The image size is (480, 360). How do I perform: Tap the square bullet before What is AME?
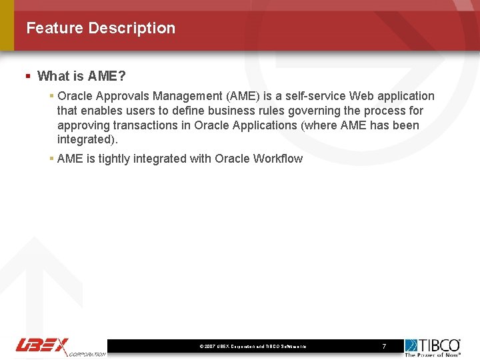[28, 76]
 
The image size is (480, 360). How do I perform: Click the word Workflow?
[278, 159]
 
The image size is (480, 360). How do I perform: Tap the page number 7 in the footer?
[384, 346]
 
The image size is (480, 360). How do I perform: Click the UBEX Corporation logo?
[60, 347]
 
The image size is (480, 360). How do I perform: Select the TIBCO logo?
[433, 345]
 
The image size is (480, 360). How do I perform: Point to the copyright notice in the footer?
[253, 347]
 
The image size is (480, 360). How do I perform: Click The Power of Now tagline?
[433, 354]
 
